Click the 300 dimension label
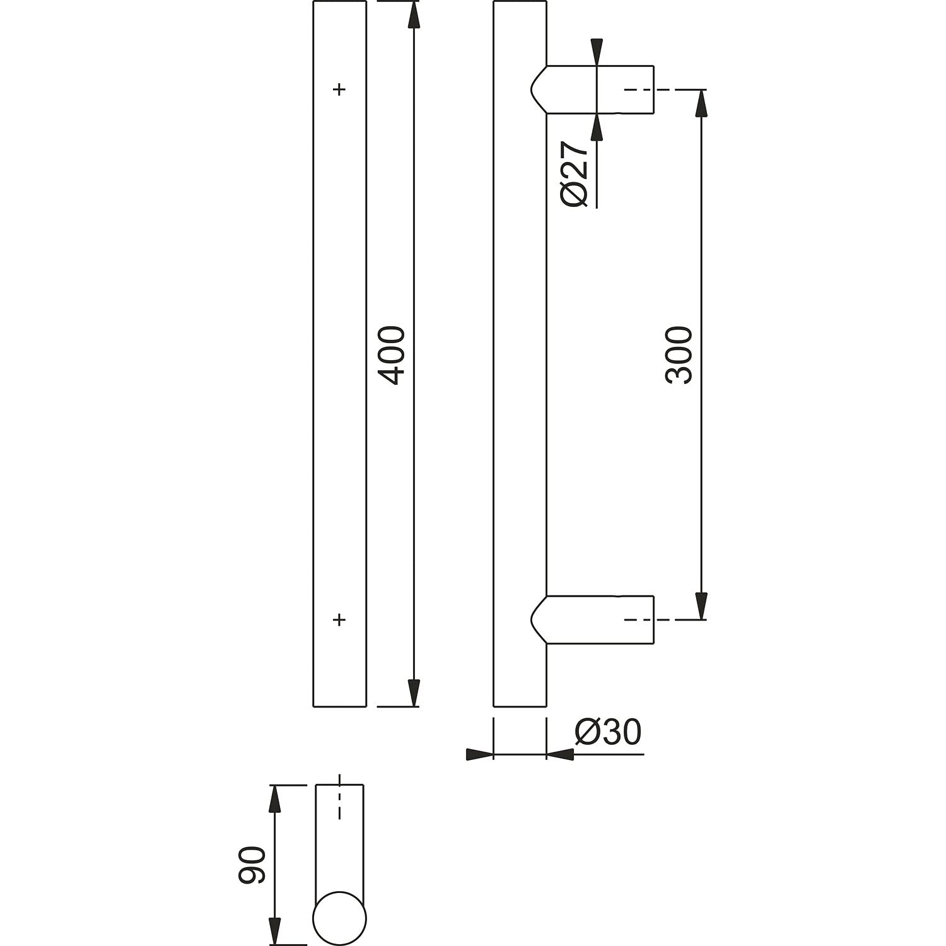(x=679, y=355)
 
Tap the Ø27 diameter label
(x=575, y=173)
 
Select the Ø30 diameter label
(x=608, y=732)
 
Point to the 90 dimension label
(x=252, y=865)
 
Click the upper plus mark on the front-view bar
(x=339, y=90)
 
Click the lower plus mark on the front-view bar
(x=339, y=620)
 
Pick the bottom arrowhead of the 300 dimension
(x=701, y=606)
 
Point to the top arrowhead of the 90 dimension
(x=274, y=799)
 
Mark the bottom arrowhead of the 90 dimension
(x=274, y=931)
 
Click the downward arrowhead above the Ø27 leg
(x=597, y=52)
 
